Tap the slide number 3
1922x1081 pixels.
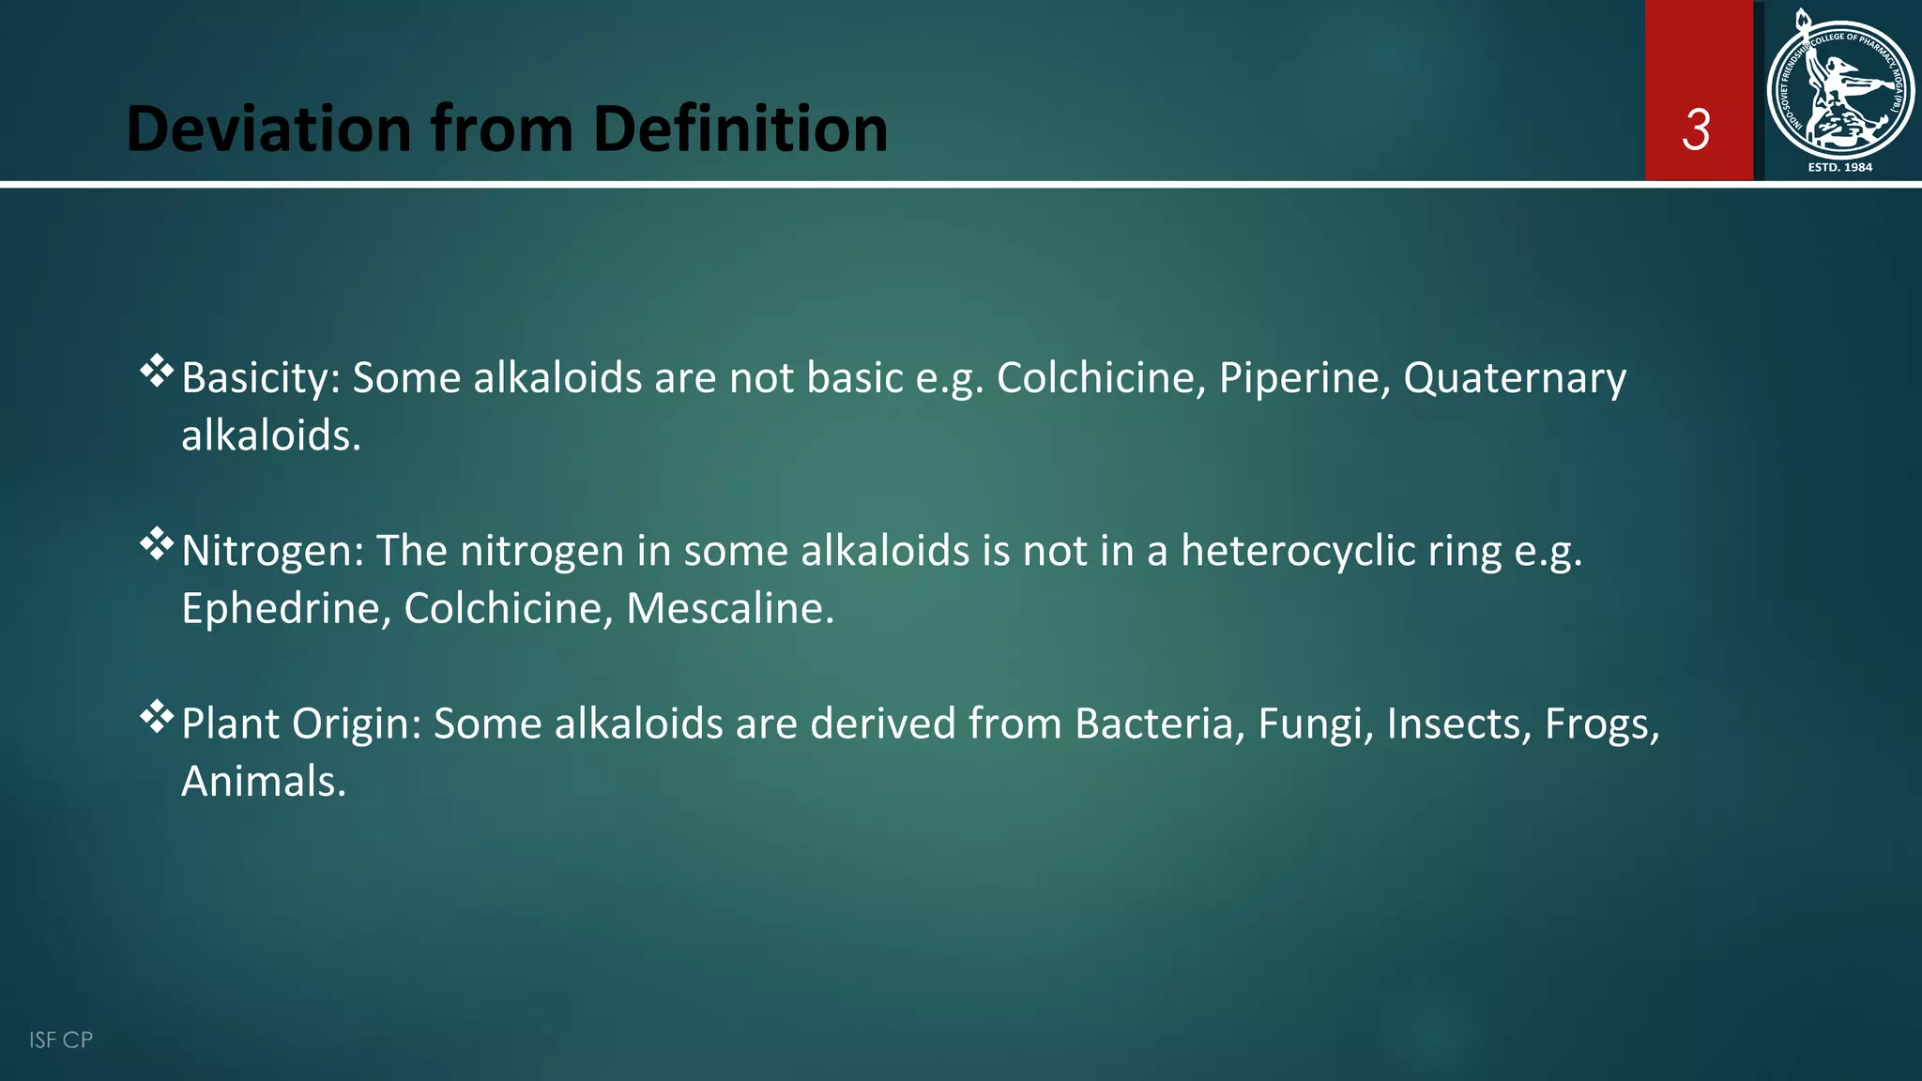click(1696, 129)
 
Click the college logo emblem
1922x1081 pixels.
click(1839, 89)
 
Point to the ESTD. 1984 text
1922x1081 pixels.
click(1839, 167)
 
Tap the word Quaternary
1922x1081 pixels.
click(1514, 378)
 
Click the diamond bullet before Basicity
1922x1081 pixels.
click(157, 372)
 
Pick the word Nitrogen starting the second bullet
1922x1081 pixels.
click(271, 551)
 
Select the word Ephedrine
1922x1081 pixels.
click(285, 608)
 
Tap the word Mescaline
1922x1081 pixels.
click(728, 608)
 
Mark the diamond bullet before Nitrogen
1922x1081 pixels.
click(157, 544)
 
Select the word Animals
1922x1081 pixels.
click(263, 782)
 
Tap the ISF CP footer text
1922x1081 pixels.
click(61, 1040)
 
